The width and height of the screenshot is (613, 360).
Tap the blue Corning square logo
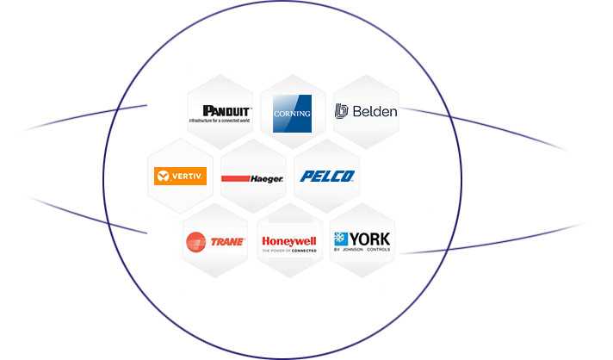coord(292,113)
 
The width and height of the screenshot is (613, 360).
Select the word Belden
coord(373,111)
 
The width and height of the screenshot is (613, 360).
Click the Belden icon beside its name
coord(342,111)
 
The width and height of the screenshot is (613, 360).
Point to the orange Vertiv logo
coord(179,177)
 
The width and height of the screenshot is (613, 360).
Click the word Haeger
coord(267,178)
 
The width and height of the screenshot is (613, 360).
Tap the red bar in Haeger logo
coord(235,179)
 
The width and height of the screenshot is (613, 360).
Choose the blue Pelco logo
coord(327,176)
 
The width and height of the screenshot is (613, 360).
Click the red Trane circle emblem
coord(195,242)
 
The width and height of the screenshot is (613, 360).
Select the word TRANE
coord(227,242)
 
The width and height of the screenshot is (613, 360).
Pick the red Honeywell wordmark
coord(288,240)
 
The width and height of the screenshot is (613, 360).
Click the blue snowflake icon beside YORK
coord(341,239)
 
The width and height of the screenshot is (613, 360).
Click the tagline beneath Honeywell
coord(288,250)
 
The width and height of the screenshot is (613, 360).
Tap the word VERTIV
coord(187,177)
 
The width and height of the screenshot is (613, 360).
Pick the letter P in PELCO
coord(306,176)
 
